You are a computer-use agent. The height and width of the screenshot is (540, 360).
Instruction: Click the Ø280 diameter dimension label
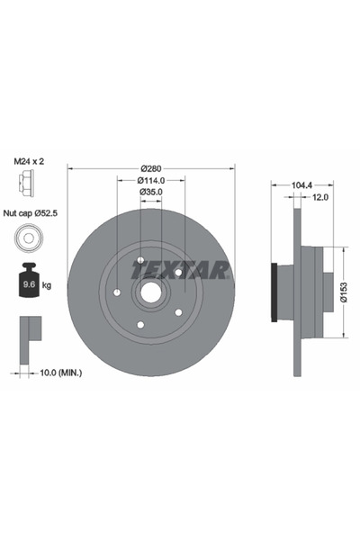pyautogui.click(x=151, y=169)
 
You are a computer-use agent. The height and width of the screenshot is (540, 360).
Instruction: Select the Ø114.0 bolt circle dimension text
pyautogui.click(x=151, y=180)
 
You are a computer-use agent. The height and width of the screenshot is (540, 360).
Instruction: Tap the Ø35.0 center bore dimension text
pyautogui.click(x=151, y=192)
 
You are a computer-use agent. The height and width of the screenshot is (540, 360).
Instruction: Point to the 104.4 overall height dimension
pyautogui.click(x=301, y=185)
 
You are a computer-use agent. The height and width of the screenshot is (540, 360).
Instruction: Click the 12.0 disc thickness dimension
pyautogui.click(x=320, y=197)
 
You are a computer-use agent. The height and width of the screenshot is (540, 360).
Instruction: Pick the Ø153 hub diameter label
pyautogui.click(x=344, y=292)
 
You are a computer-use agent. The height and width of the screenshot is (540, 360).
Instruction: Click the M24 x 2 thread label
pyautogui.click(x=29, y=161)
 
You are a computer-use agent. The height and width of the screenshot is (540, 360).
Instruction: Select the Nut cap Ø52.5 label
pyautogui.click(x=31, y=213)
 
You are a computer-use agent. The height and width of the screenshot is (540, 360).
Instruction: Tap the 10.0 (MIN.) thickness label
pyautogui.click(x=61, y=373)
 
